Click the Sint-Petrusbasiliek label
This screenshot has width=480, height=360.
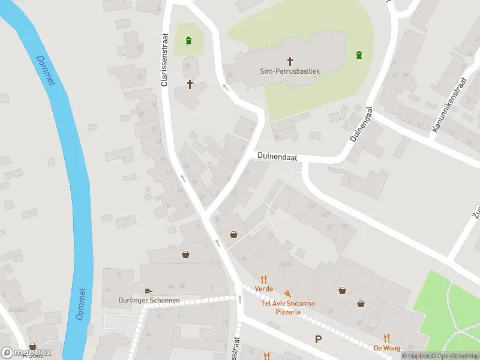click(x=290, y=71)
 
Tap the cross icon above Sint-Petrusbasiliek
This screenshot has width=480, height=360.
click(x=290, y=61)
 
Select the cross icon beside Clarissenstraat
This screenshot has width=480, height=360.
click(x=190, y=84)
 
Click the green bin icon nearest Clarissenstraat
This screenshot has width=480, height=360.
click(x=189, y=41)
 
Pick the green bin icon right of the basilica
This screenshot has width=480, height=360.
click(x=359, y=55)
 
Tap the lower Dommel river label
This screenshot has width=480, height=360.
click(x=81, y=304)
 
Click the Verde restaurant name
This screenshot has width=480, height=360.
click(x=263, y=289)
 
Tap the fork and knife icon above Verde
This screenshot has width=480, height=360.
click(x=263, y=278)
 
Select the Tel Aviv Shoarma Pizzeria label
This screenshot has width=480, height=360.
click(x=288, y=307)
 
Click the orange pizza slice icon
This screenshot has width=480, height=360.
click(x=288, y=294)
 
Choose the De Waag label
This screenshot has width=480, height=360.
click(x=387, y=348)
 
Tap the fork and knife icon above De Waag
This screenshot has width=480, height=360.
click(x=387, y=337)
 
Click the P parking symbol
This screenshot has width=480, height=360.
click(x=318, y=340)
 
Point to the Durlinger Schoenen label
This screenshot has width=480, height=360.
click(x=149, y=301)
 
